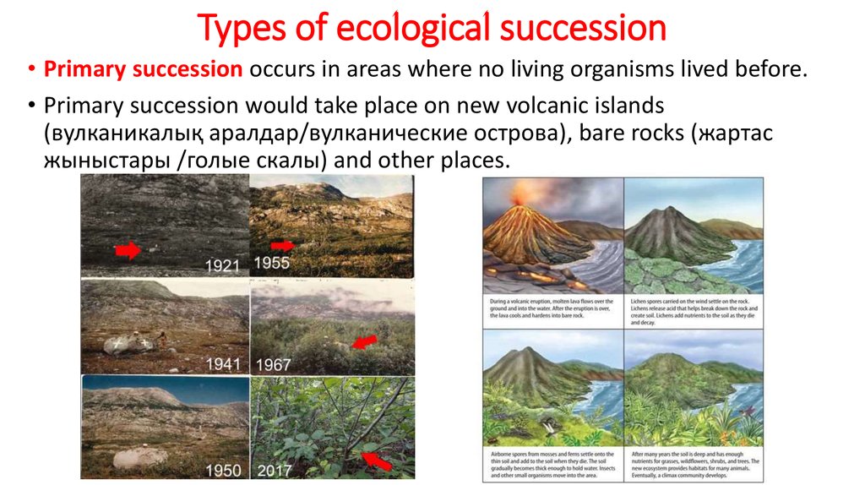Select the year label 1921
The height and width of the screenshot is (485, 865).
224,265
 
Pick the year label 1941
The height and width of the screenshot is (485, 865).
224,365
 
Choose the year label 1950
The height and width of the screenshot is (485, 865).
224,471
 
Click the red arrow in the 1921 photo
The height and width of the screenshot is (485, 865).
128,249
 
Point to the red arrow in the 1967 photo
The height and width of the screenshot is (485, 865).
362,342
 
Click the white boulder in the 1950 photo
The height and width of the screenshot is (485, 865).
139,457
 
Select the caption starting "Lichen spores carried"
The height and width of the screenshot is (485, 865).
694,312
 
